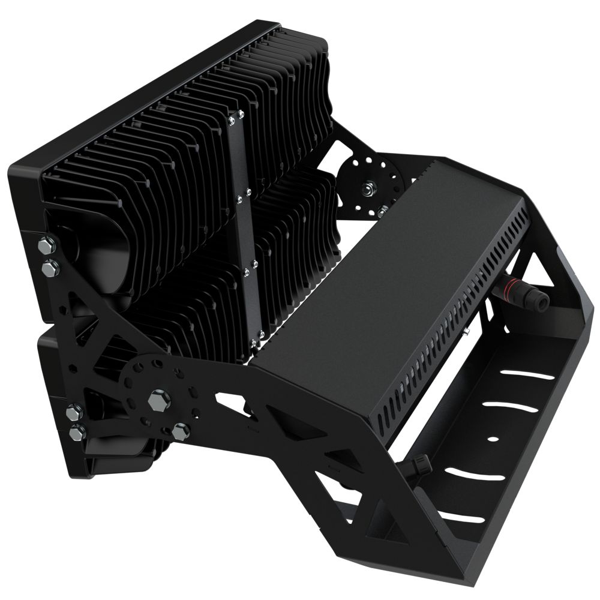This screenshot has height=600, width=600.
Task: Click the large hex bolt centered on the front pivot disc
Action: coord(158,399)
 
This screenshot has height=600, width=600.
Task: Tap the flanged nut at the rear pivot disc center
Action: coord(365,190)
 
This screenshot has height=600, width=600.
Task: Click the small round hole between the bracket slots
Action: coord(493,439)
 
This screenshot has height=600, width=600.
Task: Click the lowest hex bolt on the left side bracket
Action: coord(77,431)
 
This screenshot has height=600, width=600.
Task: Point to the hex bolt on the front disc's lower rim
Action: coord(180,430)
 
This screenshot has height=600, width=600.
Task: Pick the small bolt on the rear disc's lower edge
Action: coord(382,211)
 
